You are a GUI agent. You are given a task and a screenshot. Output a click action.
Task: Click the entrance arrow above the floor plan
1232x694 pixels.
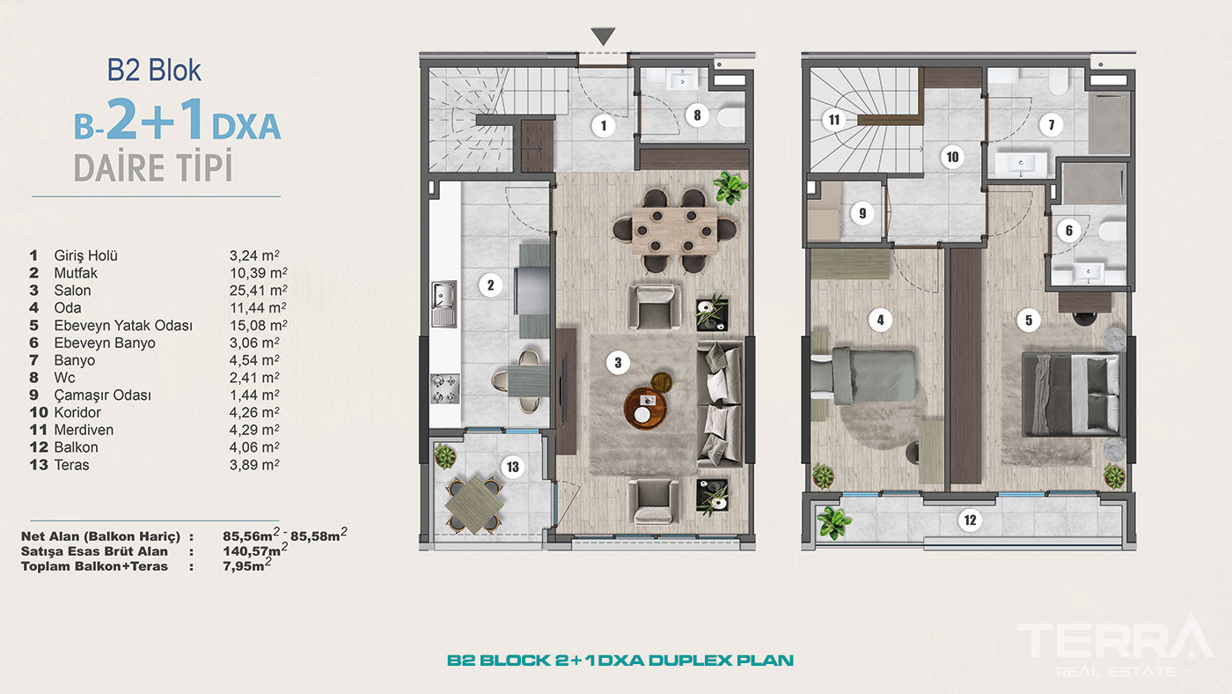tap(603, 36)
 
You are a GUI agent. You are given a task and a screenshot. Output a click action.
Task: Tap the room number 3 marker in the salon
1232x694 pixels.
tap(618, 363)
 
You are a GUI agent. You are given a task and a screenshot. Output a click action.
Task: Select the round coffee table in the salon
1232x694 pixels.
tap(645, 408)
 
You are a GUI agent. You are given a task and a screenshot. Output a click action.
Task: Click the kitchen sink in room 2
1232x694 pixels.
tap(444, 304)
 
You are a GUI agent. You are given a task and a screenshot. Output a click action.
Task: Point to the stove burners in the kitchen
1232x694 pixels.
tap(444, 388)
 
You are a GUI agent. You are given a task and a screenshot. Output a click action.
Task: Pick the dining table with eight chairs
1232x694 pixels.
tap(674, 231)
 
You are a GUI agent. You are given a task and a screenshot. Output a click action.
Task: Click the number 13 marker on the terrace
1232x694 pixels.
tap(512, 468)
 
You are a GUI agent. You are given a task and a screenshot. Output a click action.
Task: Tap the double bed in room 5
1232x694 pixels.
tap(1070, 394)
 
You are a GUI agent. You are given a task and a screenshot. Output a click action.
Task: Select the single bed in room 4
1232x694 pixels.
tap(863, 376)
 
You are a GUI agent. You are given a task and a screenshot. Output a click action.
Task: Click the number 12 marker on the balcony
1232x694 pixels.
tap(970, 520)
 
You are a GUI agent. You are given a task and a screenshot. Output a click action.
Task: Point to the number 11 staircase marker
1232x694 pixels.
tap(834, 120)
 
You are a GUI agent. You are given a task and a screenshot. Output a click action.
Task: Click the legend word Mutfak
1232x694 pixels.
tap(76, 273)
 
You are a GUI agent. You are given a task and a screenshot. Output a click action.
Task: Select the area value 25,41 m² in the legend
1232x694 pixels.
tap(258, 290)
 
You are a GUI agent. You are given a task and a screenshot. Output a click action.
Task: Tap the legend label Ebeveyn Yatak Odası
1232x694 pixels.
tap(123, 325)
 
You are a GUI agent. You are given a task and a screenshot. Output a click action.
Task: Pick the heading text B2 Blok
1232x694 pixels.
tap(154, 70)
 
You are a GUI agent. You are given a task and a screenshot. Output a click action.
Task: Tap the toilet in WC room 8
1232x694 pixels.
tap(730, 116)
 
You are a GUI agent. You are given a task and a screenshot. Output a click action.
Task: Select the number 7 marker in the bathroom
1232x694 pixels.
tap(1051, 125)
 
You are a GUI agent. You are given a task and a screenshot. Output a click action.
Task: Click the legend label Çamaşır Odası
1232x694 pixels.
tap(102, 395)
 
